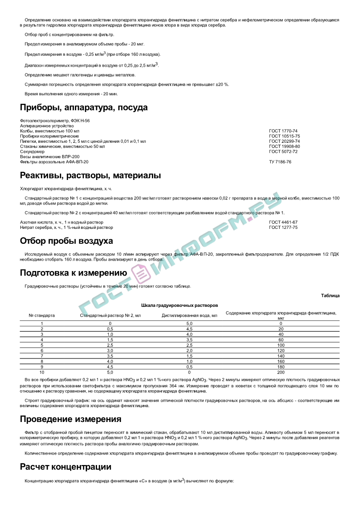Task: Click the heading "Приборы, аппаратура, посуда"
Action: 84,108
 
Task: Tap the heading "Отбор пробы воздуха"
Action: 66,241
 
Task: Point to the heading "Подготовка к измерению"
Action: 73,273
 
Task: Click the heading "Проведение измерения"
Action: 70,419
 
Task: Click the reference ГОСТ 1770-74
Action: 283,131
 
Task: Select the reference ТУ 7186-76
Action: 280,161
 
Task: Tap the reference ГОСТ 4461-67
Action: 283,223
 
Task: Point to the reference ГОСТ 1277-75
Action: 283,228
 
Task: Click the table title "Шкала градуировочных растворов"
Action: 180,305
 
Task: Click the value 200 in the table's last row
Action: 281,372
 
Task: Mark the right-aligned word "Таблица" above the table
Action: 330,296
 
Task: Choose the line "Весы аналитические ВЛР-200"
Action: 49,156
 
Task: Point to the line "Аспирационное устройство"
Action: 47,126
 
